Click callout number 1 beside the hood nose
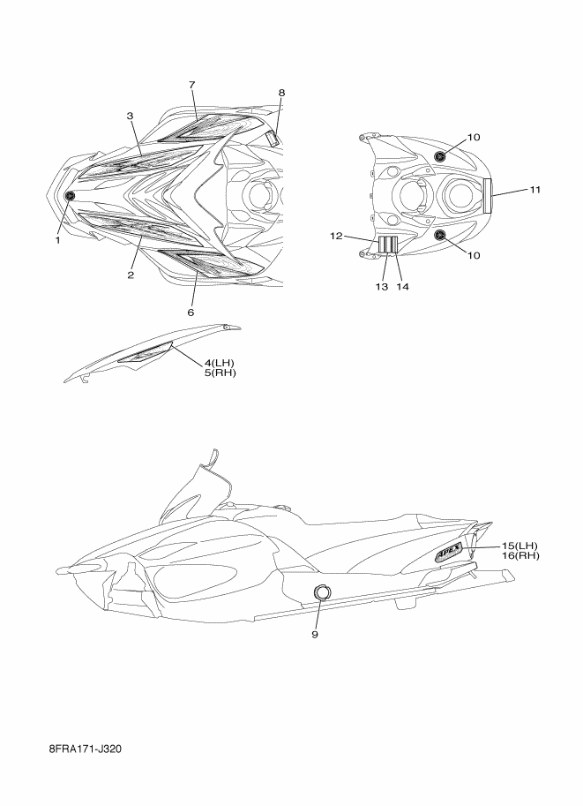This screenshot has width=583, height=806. click(x=58, y=239)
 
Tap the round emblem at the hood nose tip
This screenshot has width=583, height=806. click(x=70, y=195)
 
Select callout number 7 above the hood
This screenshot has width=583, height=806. click(x=192, y=85)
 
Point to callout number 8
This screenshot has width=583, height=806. click(x=281, y=93)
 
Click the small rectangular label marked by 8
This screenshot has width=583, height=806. click(x=273, y=139)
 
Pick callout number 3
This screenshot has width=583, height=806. click(x=130, y=117)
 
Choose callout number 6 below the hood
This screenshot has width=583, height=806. click(x=191, y=312)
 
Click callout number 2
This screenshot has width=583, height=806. click(x=131, y=275)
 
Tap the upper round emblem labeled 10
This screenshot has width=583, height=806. click(x=440, y=156)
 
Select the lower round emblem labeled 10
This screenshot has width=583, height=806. click(x=440, y=236)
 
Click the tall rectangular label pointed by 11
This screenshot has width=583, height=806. click(x=488, y=195)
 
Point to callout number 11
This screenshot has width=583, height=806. click(x=535, y=190)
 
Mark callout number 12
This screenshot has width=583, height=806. click(x=336, y=236)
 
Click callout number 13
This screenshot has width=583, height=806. click(x=381, y=287)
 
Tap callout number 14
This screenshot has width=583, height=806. click(x=402, y=287)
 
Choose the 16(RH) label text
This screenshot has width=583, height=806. click(x=520, y=555)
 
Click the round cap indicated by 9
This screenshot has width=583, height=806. click(x=322, y=592)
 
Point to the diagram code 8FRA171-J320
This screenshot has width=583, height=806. click(x=86, y=749)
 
